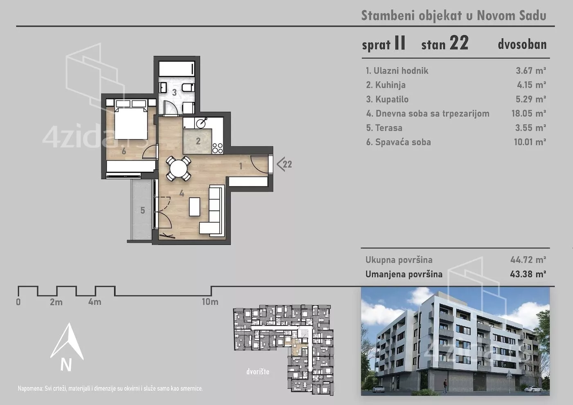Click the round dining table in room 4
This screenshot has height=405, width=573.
(178, 169)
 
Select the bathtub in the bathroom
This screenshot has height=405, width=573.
(176, 69)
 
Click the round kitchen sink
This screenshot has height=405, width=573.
(201, 122)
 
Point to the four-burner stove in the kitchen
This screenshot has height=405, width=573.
(217, 148)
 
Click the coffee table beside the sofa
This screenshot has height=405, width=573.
(194, 207)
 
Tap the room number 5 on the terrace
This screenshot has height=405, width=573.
(142, 210)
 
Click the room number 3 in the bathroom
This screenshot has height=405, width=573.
(174, 93)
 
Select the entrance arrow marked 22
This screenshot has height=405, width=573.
(284, 164)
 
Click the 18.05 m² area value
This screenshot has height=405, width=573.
(528, 113)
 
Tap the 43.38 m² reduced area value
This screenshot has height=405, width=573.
(528, 274)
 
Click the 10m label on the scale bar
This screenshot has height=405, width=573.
(210, 302)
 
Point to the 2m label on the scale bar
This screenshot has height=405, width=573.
(56, 302)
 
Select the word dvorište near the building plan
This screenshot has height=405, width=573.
(258, 371)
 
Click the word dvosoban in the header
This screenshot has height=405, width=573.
(522, 45)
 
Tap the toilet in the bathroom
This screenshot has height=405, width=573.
(189, 88)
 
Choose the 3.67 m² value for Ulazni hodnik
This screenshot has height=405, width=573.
(531, 71)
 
